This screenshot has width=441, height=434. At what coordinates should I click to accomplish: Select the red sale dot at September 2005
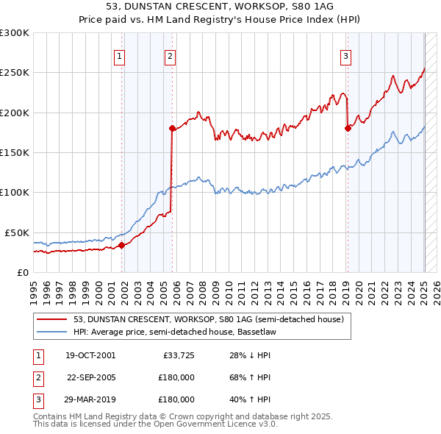point(172,128)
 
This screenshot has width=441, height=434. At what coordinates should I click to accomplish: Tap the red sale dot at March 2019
point(348,128)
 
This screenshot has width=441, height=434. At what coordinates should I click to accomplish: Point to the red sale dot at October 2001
point(122,246)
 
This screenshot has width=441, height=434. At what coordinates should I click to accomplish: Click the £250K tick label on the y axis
point(15,73)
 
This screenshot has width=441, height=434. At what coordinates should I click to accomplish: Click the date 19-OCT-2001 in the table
point(90,356)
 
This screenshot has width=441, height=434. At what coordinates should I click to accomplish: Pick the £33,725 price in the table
point(177,356)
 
